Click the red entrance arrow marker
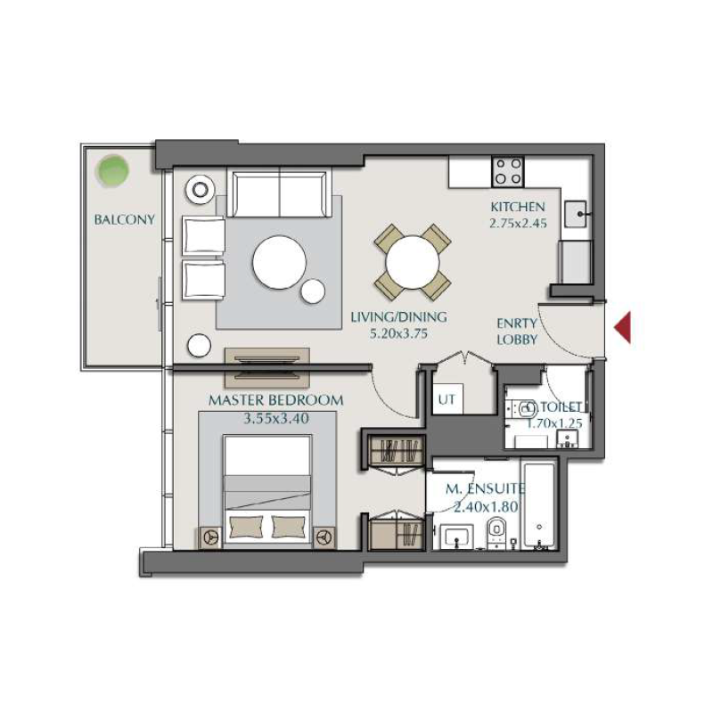pos(624,327)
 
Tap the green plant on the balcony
pos(112,169)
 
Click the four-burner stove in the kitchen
pos(509,170)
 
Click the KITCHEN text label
pos(516,207)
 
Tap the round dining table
pos(414,262)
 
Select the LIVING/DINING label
pos(398,316)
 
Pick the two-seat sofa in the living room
pos(281,193)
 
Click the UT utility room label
pos(447,400)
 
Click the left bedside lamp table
pos(212,537)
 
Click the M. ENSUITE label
pos(486,488)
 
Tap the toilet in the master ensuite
pos(496,535)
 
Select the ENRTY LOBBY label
pos(517,332)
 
